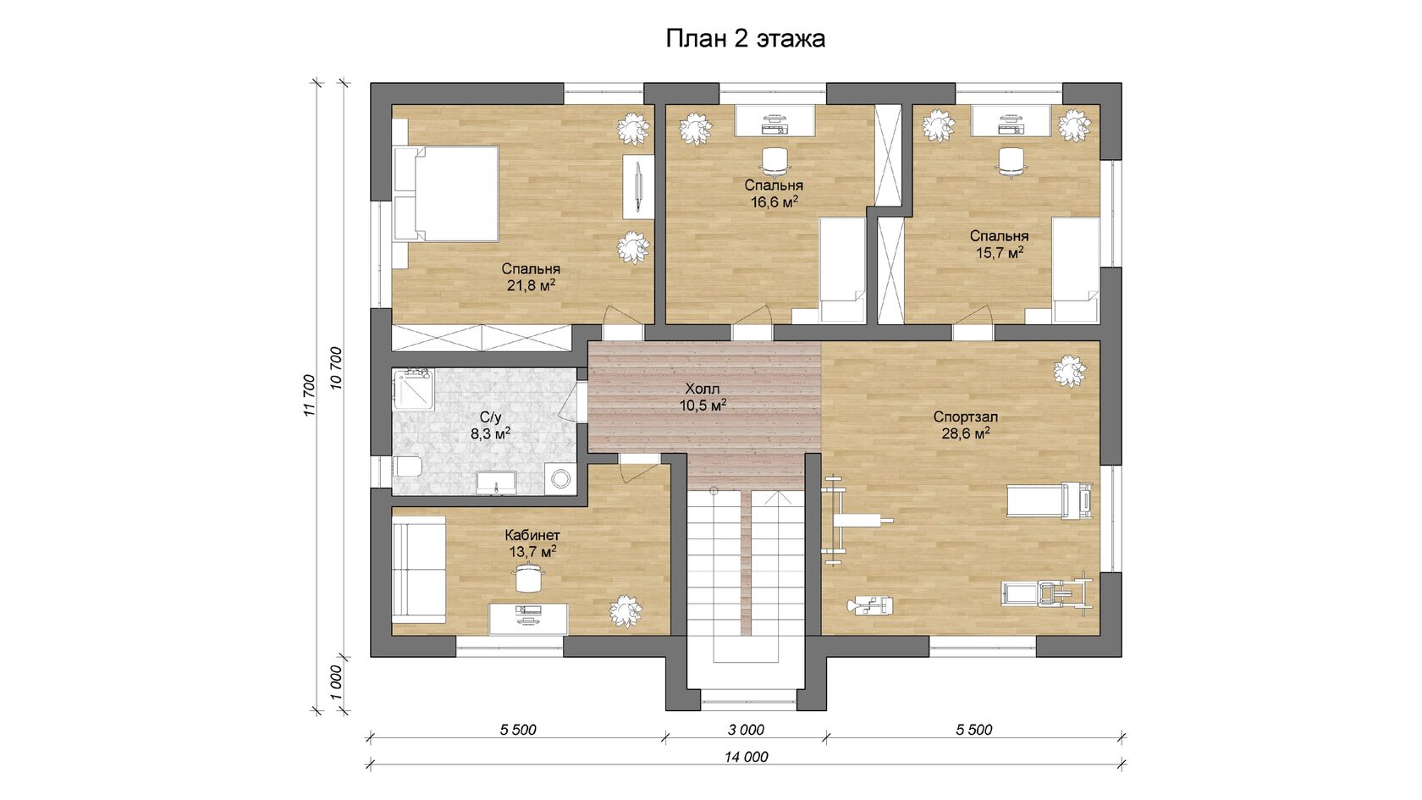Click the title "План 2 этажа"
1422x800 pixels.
[745, 39]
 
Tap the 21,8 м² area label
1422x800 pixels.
[531, 285]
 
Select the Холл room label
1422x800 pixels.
[703, 389]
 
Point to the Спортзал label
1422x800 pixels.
[966, 417]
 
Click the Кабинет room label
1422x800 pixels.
[532, 535]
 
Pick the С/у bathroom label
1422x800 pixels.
[490, 417]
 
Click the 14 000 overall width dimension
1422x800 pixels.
[746, 757]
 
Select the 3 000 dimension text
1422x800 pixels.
[746, 730]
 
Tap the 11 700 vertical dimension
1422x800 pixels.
[309, 395]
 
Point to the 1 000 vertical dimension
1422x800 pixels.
[337, 682]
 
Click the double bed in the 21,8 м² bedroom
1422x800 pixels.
[445, 194]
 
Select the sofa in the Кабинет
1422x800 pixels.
[419, 571]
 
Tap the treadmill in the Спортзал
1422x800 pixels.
[1050, 500]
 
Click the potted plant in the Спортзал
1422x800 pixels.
[1070, 371]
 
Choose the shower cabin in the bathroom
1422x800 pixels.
[413, 389]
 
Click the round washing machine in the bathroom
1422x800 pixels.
[560, 478]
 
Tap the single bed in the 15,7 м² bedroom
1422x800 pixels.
[1076, 271]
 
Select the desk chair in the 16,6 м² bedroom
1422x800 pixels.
[774, 161]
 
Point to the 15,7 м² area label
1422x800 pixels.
[1000, 252]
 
